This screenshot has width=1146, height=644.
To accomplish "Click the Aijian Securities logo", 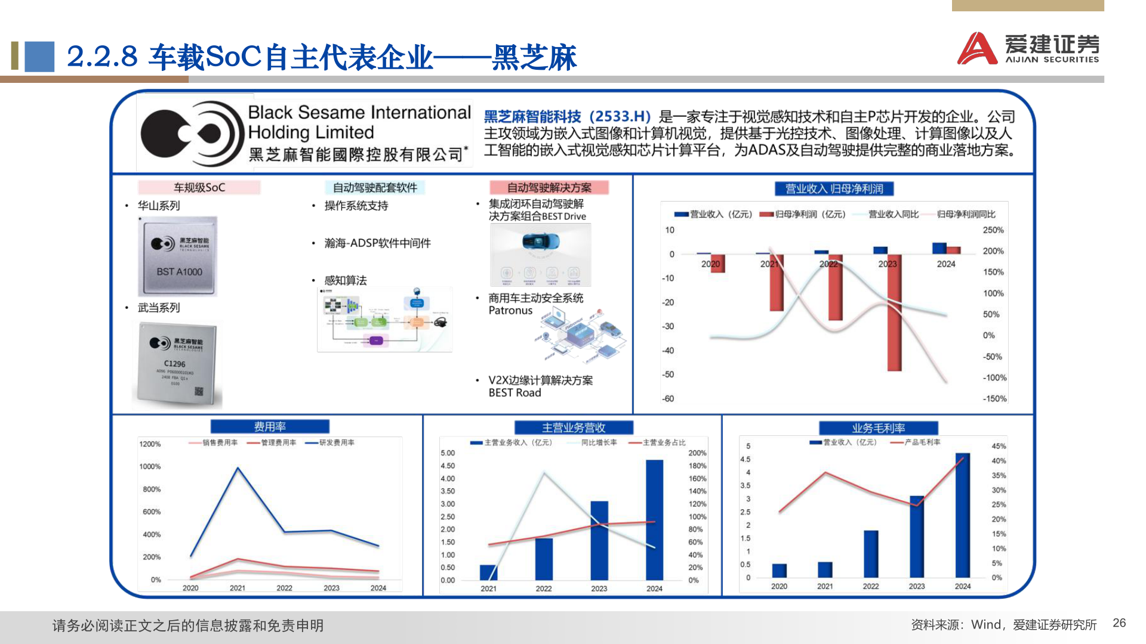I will point(1028,48).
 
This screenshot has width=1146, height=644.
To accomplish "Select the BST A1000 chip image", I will point(178,257).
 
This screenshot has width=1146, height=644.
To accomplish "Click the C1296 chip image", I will point(177,364).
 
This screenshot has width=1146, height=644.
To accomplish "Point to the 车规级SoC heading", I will point(199,188).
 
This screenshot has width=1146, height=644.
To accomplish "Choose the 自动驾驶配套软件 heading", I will point(375,188).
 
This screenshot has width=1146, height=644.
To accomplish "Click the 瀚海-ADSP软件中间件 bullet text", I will point(377,243).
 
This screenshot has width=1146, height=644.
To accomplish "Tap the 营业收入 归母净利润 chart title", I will point(834,189).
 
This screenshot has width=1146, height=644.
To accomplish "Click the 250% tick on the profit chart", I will point(993,230).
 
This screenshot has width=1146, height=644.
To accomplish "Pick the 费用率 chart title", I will point(270,427).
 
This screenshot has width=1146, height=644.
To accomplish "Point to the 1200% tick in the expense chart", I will point(150,444).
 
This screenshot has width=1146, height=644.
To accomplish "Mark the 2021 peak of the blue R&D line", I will point(238,468).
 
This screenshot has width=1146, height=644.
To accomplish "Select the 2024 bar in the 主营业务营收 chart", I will point(654,519).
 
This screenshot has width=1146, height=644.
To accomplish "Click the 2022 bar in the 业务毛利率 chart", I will point(871,554).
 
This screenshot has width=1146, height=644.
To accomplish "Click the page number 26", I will point(1119,623).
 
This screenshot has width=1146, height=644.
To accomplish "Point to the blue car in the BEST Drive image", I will point(541,241).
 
